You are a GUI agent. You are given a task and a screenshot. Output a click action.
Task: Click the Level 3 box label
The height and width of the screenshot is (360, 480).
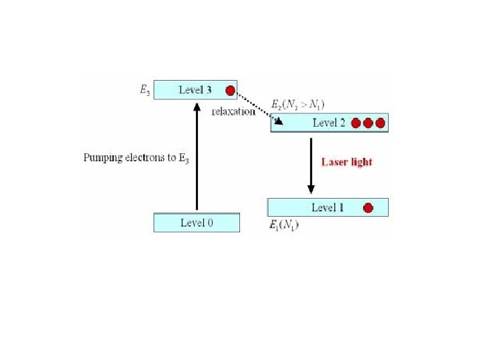[195, 89]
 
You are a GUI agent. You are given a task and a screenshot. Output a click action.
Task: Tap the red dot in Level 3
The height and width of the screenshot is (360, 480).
[231, 90]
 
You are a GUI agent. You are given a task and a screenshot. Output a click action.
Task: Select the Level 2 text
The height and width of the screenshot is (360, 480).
[329, 123]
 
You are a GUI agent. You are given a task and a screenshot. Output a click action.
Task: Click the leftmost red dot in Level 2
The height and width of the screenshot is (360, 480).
[356, 123]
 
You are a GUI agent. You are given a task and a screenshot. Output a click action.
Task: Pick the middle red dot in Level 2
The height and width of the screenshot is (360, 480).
[368, 123]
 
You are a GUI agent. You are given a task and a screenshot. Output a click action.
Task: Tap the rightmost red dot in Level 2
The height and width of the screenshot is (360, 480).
[380, 123]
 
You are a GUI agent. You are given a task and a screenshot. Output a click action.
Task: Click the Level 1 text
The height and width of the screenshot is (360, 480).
[328, 207]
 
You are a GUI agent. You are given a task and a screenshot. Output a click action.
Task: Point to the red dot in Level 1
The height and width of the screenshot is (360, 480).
[367, 208]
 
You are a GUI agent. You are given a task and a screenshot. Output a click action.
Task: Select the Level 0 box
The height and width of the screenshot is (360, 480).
[197, 223]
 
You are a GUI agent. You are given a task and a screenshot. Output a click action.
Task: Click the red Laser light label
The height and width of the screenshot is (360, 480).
[347, 162]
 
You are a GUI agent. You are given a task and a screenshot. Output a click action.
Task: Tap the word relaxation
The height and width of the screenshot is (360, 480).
[233, 111]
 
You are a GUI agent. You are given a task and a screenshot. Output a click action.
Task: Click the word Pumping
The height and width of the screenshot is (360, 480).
[101, 158]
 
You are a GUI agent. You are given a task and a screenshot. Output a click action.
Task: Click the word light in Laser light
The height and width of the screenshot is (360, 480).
[361, 162]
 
